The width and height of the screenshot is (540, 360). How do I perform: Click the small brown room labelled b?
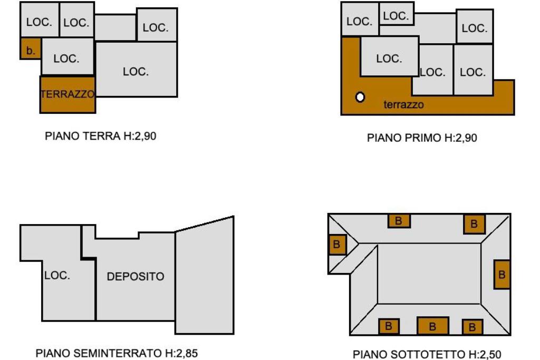[x=31, y=51]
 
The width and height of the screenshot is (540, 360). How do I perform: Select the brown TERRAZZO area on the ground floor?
[x=67, y=94]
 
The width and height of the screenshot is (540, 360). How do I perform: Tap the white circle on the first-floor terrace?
[x=360, y=97]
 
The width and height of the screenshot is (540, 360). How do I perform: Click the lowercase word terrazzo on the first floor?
[x=403, y=105]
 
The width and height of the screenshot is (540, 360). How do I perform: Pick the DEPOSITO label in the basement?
[x=136, y=276]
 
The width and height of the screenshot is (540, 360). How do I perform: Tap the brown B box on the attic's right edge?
[x=502, y=274]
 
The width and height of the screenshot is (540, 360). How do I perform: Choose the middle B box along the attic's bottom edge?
[x=432, y=326]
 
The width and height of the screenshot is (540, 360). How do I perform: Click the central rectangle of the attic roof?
[x=429, y=273]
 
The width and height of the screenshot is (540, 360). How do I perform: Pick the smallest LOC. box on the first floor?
[x=396, y=16]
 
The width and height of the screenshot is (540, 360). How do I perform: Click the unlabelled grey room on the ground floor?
[x=115, y=27]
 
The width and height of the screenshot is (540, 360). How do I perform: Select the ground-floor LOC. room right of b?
[x=67, y=59]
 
